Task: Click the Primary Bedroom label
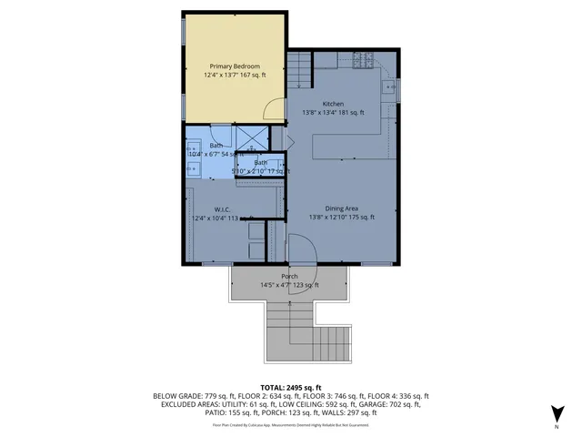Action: click(235, 66)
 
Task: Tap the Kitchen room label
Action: click(333, 104)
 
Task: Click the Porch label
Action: click(289, 276)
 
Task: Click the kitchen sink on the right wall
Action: click(389, 88)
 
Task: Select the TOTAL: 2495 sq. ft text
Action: click(290, 386)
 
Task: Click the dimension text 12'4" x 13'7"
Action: click(216, 76)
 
